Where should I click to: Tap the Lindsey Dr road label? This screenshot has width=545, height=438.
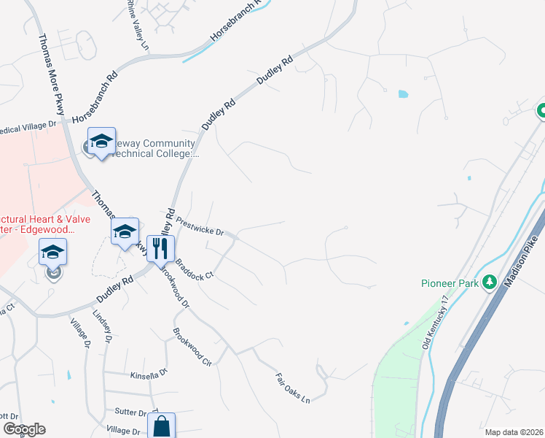point(101,326)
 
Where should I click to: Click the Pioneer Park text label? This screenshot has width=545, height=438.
point(450,283)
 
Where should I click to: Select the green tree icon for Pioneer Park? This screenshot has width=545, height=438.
point(490,282)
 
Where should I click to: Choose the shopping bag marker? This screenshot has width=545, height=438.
point(161,425)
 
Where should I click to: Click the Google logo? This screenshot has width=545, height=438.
point(23,429)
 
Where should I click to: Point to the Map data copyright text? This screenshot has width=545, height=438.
point(514,432)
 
